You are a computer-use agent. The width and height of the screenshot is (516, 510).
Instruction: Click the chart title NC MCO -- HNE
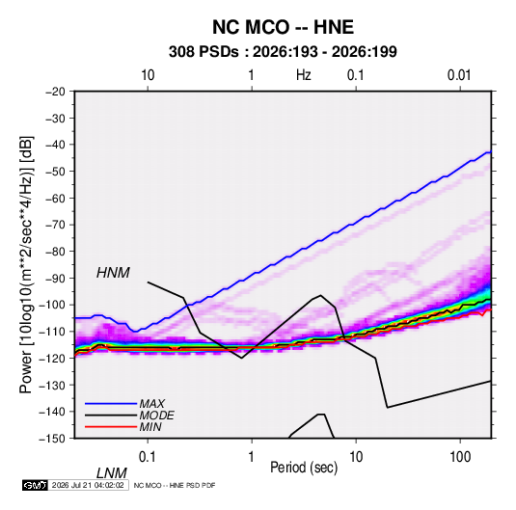[283, 27]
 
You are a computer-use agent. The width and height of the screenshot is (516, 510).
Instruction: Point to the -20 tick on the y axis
[55, 92]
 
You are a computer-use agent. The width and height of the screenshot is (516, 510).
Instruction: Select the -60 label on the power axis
[55, 198]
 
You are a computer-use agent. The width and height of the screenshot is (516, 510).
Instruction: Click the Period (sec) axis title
[304, 468]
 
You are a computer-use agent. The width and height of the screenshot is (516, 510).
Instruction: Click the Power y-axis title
[26, 265]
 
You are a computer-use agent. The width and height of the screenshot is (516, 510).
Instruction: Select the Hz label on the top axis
[304, 75]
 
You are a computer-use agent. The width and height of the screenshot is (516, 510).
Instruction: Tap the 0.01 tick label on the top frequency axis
[459, 75]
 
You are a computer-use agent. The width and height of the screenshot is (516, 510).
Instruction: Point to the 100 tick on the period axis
[459, 457]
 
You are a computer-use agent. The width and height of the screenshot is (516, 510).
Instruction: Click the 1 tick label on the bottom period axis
[252, 457]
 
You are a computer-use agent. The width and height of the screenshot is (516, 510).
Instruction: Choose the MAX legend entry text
[152, 404]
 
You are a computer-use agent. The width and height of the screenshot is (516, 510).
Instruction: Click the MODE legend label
[156, 416]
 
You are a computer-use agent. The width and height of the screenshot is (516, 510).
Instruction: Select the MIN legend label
[150, 427]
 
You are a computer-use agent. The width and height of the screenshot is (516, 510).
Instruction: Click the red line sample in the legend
[111, 427]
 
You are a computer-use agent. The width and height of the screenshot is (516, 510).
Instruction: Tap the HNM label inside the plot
[113, 273]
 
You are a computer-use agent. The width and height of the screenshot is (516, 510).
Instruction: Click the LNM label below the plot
[112, 473]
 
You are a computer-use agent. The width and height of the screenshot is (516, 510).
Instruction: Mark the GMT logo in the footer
[35, 485]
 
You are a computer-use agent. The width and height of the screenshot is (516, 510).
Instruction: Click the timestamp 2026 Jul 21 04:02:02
[88, 485]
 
